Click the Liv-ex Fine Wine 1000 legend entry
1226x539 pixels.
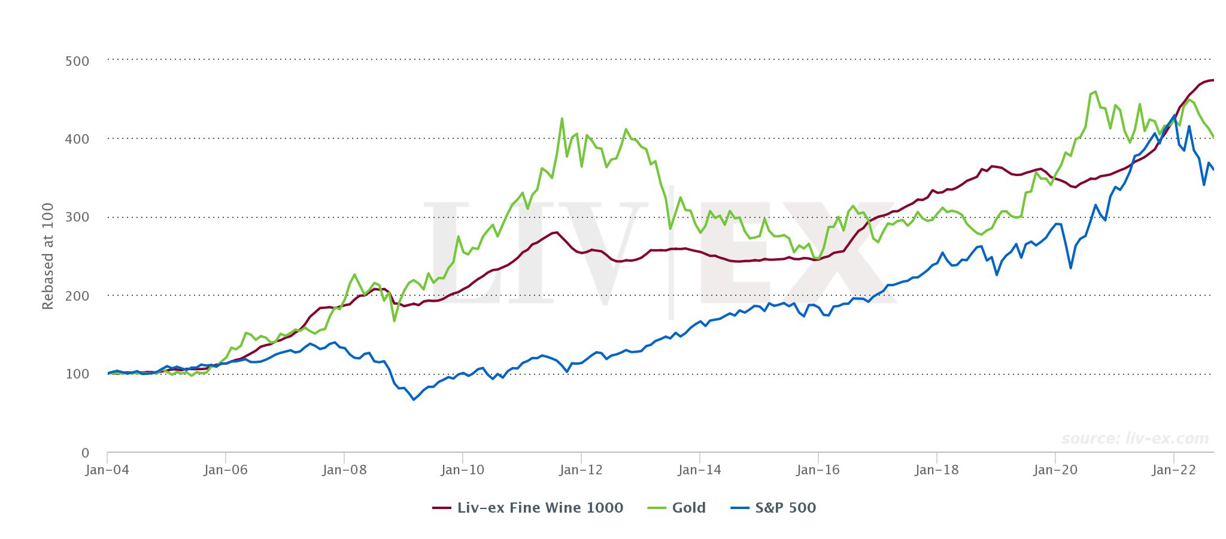pos(527,508)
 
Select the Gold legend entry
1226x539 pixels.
pos(676,508)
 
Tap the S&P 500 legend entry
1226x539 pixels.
pos(773,508)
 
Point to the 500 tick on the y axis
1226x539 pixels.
pos(76,61)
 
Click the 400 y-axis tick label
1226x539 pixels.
pos(76,139)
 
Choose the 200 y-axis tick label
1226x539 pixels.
pos(76,296)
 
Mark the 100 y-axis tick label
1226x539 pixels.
pos(76,374)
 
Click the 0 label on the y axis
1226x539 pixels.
pos(85,453)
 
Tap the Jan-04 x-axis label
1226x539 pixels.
pos(107,470)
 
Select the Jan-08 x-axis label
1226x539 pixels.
pos(344,470)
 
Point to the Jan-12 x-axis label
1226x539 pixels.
pos(581,470)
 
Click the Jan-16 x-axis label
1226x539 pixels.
pos(818,470)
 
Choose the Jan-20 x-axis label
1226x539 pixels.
pos(1055,470)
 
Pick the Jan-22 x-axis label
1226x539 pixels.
pos(1174,470)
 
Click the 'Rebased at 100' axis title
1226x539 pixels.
pos(48,256)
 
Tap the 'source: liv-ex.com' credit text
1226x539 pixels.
pos(1135,439)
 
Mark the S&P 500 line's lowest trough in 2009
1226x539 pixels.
pos(414,399)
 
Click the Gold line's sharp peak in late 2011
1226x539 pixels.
pos(562,119)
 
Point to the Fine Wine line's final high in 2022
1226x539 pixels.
pos(1212,80)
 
